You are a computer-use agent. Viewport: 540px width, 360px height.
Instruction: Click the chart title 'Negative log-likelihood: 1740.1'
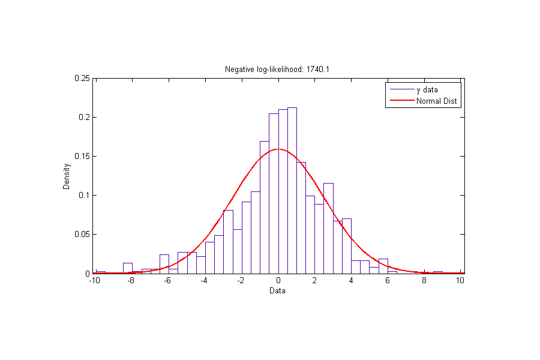coord(277,70)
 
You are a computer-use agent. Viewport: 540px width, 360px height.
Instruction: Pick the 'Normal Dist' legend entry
coord(437,101)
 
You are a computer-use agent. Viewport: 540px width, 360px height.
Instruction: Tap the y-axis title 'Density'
coord(67,175)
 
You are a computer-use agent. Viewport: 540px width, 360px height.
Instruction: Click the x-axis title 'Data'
coord(277,292)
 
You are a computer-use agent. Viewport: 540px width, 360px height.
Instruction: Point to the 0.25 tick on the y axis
coord(83,78)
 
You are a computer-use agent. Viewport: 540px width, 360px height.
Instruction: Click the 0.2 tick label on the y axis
coord(85,117)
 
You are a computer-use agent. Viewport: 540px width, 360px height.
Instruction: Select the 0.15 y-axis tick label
coord(83,156)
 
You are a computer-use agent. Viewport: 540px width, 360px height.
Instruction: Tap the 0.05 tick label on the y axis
coord(83,234)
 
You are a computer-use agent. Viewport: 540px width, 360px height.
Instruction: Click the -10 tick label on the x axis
coord(94,281)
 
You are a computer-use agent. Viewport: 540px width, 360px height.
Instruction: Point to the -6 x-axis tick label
coord(167,281)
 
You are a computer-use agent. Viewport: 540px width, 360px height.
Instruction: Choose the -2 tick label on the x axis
coord(241,281)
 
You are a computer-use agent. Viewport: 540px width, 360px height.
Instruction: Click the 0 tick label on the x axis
coord(278,281)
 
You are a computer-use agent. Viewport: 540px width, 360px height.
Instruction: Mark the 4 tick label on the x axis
coord(352,281)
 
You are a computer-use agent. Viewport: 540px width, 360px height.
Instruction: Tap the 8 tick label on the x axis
coord(425,281)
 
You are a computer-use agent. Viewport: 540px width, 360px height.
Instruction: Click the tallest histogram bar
coord(292,192)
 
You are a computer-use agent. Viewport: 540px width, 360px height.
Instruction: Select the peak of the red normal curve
coord(278,149)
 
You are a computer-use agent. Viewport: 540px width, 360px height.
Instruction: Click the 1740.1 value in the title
coord(318,70)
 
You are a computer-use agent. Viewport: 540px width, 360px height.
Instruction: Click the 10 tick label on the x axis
coord(460,281)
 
